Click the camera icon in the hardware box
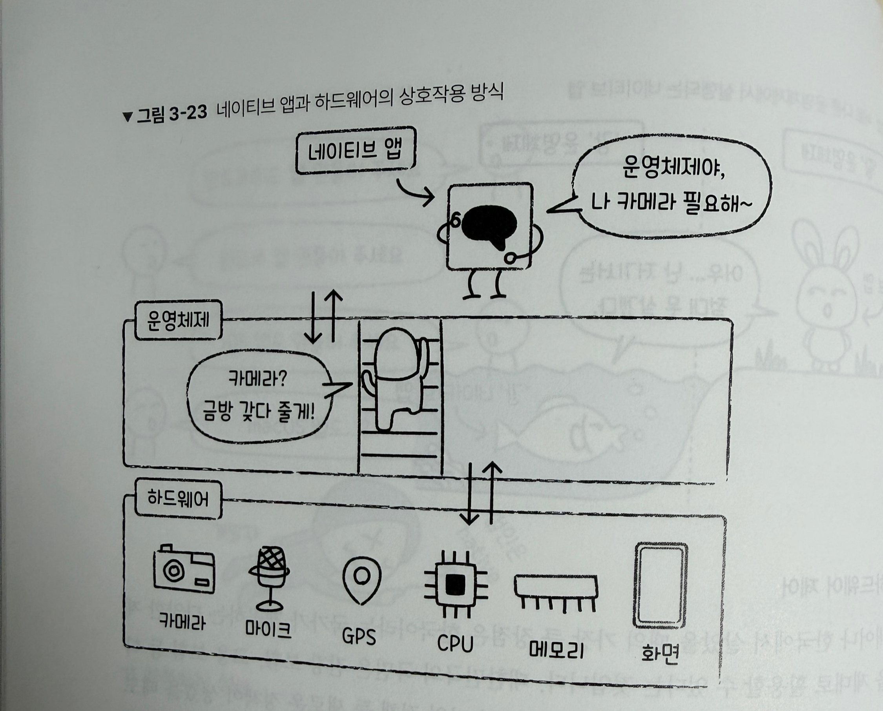(x=184, y=570)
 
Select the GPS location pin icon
(x=361, y=579)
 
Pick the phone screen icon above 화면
(x=660, y=586)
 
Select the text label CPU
(x=455, y=644)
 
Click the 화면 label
(x=660, y=653)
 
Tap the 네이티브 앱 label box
(x=356, y=150)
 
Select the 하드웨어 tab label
(x=178, y=499)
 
